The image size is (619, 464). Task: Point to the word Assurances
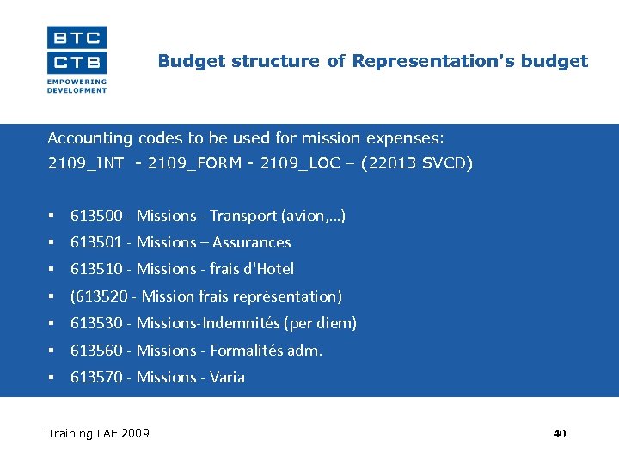pyautogui.click(x=251, y=242)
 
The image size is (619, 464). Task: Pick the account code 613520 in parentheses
pyautogui.click(x=98, y=296)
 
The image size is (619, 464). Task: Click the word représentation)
pyautogui.click(x=295, y=296)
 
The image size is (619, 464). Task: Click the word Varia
pyautogui.click(x=227, y=377)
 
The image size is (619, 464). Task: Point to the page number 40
pyautogui.click(x=560, y=434)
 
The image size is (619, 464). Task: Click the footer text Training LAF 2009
pyautogui.click(x=98, y=433)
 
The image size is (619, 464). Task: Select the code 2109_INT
pyautogui.click(x=85, y=163)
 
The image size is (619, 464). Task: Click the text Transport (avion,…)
pyautogui.click(x=278, y=216)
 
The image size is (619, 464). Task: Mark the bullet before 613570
pyautogui.click(x=52, y=377)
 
